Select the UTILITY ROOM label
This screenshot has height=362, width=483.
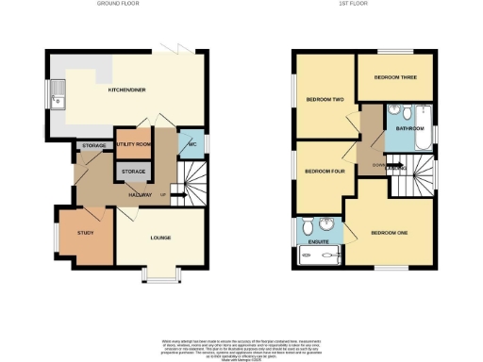(134, 143)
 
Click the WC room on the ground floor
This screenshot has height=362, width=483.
(192, 143)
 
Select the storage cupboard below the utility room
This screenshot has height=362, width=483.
(132, 171)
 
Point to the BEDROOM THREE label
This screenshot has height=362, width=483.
(394, 77)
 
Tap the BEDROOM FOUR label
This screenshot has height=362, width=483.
(325, 171)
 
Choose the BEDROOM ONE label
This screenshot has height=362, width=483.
(389, 232)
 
